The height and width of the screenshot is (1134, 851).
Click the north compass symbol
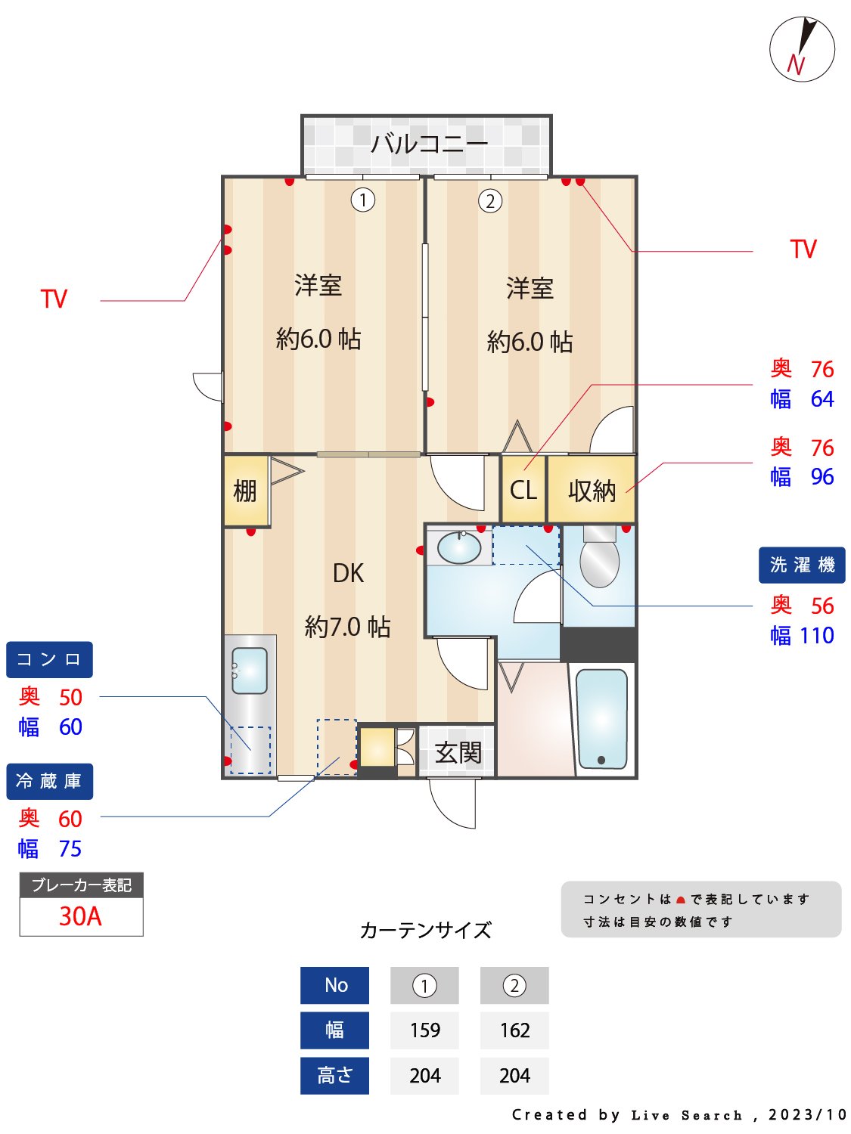click(802, 49)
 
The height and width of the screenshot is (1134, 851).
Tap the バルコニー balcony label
click(428, 143)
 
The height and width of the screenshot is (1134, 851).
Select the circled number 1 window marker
click(363, 200)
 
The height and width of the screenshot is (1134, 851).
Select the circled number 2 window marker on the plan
click(490, 201)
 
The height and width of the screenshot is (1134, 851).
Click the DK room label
click(348, 573)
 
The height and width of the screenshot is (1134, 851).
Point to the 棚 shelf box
click(246, 491)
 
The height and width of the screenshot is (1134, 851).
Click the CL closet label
click(523, 490)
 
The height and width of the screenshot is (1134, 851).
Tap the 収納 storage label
click(592, 491)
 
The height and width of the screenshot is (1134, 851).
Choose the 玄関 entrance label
click(458, 752)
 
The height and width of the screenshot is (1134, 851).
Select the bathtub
click(601, 718)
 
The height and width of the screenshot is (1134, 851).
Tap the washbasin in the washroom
click(459, 547)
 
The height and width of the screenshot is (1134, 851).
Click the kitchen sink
click(250, 671)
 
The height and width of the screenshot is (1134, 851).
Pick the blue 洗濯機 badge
click(802, 565)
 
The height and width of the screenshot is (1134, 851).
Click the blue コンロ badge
click(49, 659)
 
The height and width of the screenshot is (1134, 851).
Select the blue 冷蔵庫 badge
click(49, 781)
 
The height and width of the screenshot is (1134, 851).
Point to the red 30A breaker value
click(80, 916)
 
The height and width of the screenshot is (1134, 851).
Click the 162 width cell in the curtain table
click(514, 1030)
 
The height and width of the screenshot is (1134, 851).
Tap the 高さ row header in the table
click(334, 1075)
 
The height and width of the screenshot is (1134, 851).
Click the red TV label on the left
click(54, 299)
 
